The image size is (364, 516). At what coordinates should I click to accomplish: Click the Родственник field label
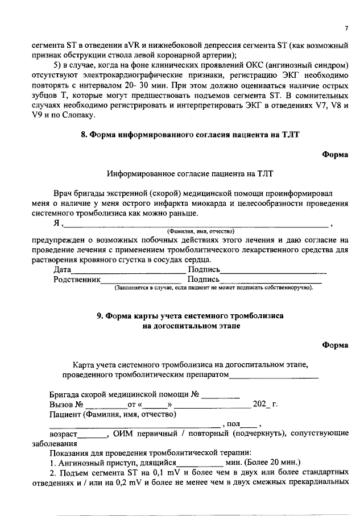[77, 280]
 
